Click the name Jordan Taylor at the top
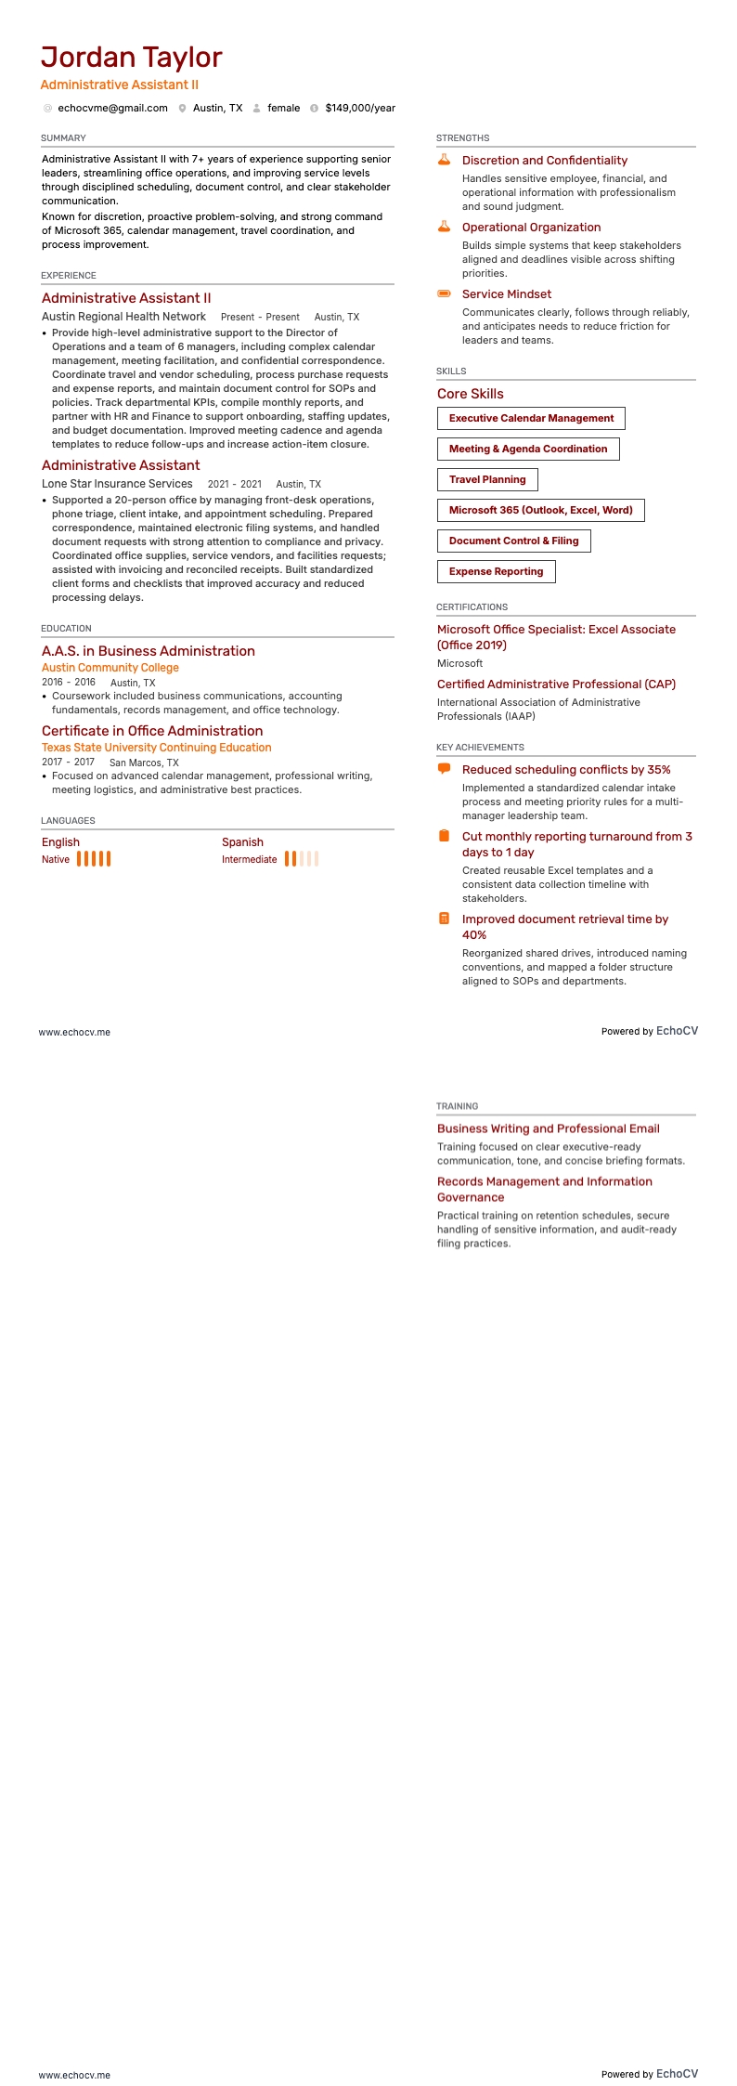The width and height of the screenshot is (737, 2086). pos(131,58)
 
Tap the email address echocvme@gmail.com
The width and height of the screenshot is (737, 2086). pos(112,108)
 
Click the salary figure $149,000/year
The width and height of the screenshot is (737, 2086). pos(360,108)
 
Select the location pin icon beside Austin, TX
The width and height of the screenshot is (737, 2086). pos(183,109)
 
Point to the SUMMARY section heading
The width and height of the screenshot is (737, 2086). pos(63,137)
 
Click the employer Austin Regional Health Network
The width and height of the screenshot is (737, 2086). pos(123,317)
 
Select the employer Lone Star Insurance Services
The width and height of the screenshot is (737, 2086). pos(117,484)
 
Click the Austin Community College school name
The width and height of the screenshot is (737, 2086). pos(110,668)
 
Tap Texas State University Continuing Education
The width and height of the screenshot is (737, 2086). pos(156,748)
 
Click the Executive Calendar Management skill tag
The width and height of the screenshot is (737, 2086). pos(531,419)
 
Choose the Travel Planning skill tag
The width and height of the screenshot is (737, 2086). pos(487,480)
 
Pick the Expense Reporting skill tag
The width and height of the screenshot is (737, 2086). pos(496,572)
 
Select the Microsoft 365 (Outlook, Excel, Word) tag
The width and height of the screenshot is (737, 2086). pos(540,510)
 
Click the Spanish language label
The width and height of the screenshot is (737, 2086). pos(242,842)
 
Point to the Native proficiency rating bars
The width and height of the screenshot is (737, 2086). pos(94,859)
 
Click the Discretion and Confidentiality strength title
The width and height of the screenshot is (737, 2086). pos(544,161)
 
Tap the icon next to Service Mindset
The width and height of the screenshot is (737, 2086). pos(444,293)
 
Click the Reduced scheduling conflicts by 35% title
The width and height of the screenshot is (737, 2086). pos(566,770)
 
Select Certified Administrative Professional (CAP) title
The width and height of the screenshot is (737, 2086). pos(556,684)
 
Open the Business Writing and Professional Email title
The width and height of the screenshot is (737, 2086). pos(548,1128)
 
